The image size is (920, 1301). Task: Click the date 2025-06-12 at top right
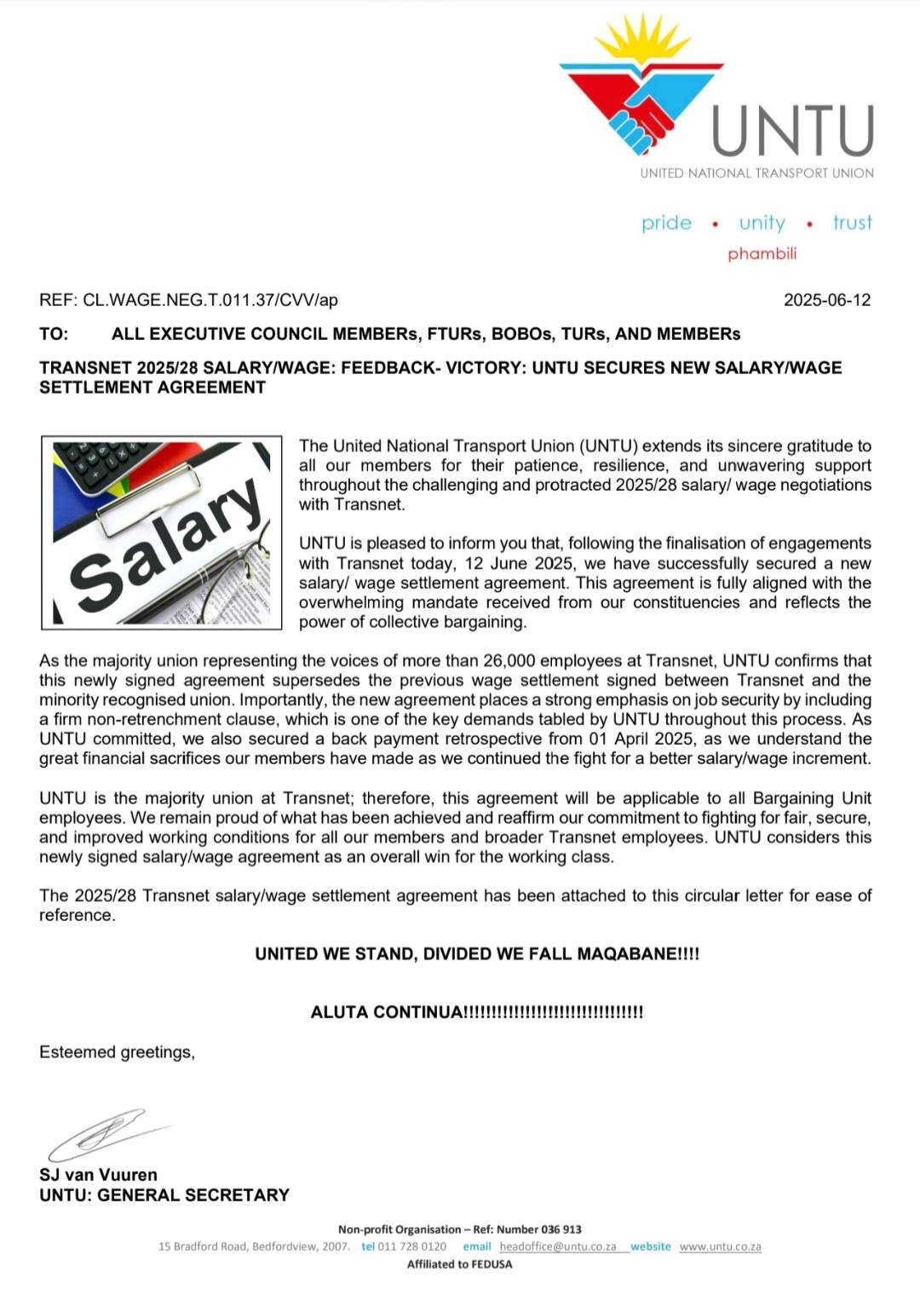(x=826, y=300)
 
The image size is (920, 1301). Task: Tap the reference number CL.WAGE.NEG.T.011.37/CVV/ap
(x=210, y=300)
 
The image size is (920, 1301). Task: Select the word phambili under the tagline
(x=762, y=254)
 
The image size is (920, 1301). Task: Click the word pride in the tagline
(x=666, y=223)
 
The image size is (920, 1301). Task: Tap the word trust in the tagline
(x=852, y=223)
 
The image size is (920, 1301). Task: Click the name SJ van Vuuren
(x=98, y=1175)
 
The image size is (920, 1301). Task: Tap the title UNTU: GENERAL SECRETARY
(x=164, y=1195)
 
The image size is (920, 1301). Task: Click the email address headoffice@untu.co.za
(x=557, y=1246)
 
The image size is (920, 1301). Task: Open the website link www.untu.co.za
(x=720, y=1246)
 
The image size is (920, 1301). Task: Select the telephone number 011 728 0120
(x=411, y=1246)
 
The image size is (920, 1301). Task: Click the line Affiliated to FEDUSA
(x=460, y=1264)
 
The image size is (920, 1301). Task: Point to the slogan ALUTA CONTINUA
(x=388, y=1012)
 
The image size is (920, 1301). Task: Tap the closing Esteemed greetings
(x=117, y=1052)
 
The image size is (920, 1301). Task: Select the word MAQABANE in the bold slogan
(x=626, y=953)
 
